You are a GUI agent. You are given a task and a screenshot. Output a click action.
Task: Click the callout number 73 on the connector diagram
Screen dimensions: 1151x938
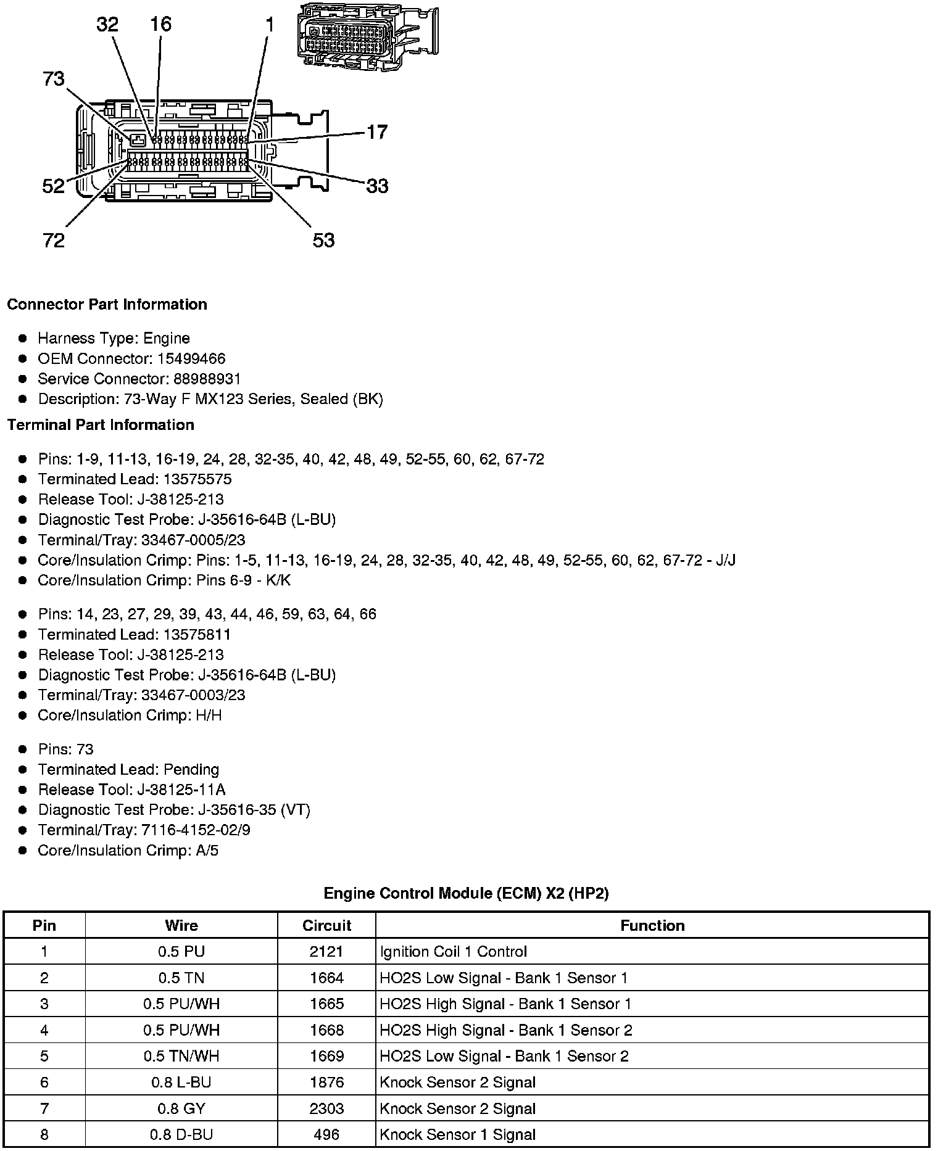(54, 79)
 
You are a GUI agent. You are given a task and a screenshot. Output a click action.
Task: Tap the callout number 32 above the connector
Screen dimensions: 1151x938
(107, 25)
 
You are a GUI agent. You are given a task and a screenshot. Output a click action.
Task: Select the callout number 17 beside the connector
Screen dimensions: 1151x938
(377, 132)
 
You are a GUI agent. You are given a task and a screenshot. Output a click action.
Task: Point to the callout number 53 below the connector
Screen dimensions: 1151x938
(323, 240)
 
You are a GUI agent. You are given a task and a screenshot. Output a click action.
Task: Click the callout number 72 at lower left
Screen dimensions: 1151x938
(54, 240)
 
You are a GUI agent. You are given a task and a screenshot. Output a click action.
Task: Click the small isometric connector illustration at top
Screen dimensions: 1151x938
(367, 35)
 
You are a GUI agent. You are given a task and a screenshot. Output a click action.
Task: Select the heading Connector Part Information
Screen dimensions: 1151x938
(107, 305)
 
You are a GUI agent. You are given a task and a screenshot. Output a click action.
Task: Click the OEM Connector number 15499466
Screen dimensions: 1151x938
(191, 359)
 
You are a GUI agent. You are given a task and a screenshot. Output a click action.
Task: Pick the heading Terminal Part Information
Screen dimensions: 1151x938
(101, 425)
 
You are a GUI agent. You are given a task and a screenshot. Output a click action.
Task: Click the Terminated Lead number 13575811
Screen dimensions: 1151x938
(197, 634)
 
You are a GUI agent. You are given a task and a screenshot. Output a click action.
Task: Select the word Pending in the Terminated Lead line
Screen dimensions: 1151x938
(191, 769)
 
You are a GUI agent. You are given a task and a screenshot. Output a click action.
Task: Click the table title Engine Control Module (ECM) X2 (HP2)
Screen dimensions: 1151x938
(466, 893)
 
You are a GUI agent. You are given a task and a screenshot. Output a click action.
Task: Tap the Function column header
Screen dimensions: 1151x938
(652, 925)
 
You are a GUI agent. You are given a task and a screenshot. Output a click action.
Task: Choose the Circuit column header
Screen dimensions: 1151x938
(326, 925)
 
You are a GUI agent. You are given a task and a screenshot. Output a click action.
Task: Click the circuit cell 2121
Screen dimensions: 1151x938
(326, 952)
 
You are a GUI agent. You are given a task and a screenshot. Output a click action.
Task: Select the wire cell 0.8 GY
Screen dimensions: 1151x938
(181, 1108)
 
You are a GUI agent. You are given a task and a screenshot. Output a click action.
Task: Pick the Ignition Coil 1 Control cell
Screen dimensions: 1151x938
(454, 952)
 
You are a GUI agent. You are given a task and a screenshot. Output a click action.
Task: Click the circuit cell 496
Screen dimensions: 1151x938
(326, 1134)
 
